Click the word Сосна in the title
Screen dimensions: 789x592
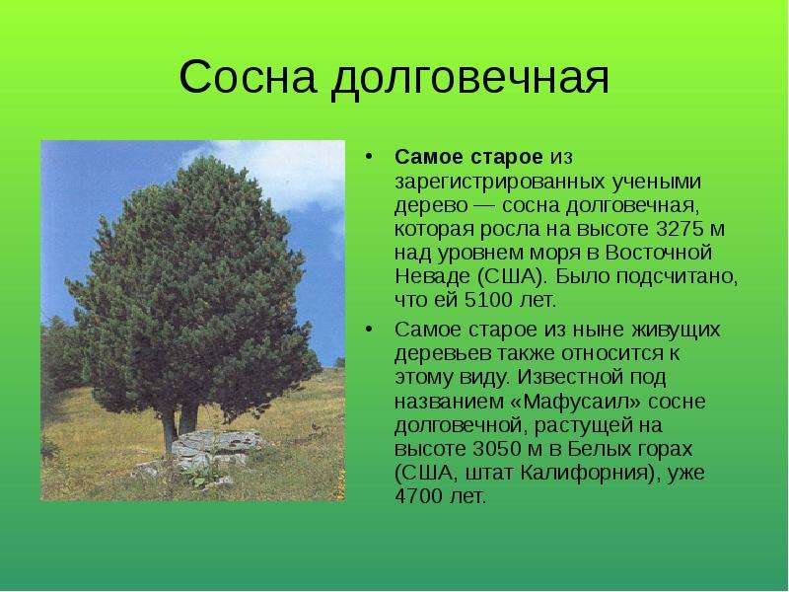(x=248, y=77)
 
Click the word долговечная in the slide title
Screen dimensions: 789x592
(x=470, y=79)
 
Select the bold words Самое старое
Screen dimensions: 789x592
(x=468, y=157)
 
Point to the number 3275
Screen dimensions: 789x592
(x=680, y=229)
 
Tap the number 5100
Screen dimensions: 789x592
(x=487, y=301)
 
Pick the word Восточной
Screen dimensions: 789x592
(x=658, y=253)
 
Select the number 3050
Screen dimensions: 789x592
(x=496, y=449)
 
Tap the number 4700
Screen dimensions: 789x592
(x=418, y=496)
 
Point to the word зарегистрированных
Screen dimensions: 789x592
(x=500, y=182)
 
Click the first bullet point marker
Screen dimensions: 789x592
(x=369, y=157)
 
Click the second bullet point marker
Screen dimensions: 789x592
(x=369, y=330)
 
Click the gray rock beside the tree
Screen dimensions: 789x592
(x=216, y=448)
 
